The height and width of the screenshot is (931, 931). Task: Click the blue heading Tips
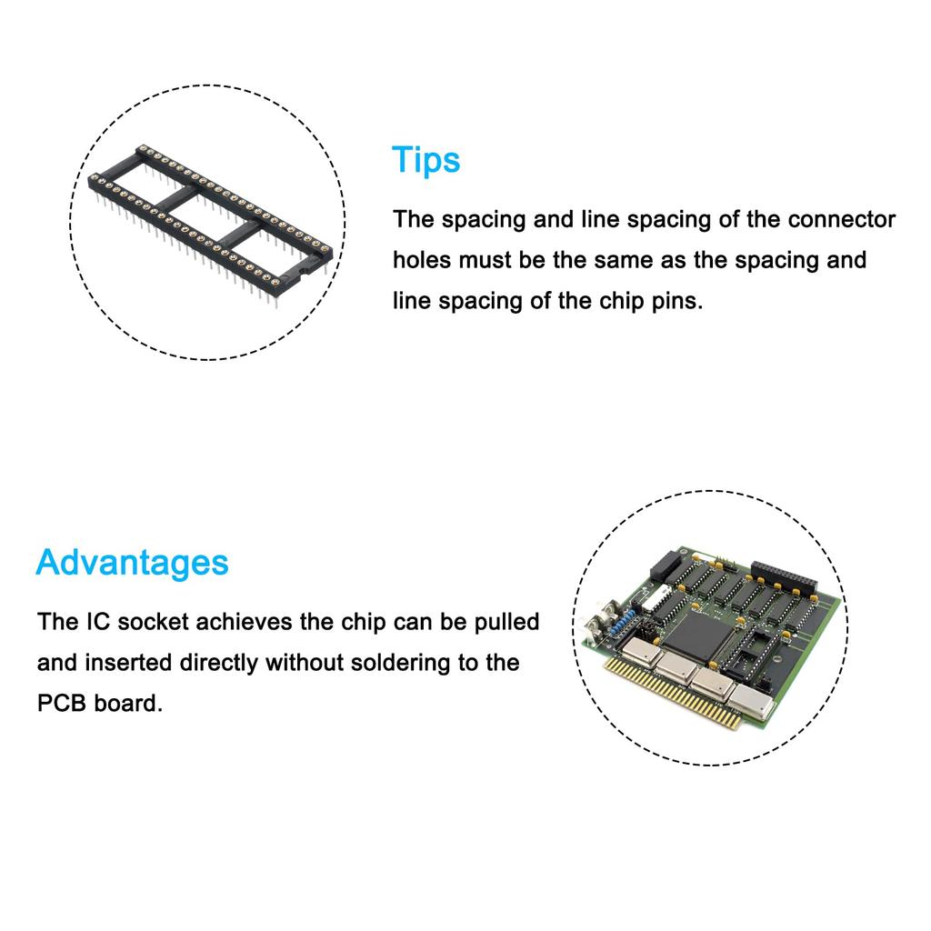click(425, 160)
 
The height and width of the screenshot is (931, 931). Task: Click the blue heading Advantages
click(132, 563)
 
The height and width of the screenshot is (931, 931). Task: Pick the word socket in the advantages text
click(153, 622)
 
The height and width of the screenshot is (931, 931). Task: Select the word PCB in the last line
click(62, 703)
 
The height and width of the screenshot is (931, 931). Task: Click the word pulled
click(506, 622)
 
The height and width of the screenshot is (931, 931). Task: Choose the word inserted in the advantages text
click(128, 663)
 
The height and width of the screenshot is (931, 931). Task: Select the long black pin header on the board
click(784, 575)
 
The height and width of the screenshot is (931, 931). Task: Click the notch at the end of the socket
click(303, 272)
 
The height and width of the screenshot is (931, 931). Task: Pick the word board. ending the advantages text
click(128, 703)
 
